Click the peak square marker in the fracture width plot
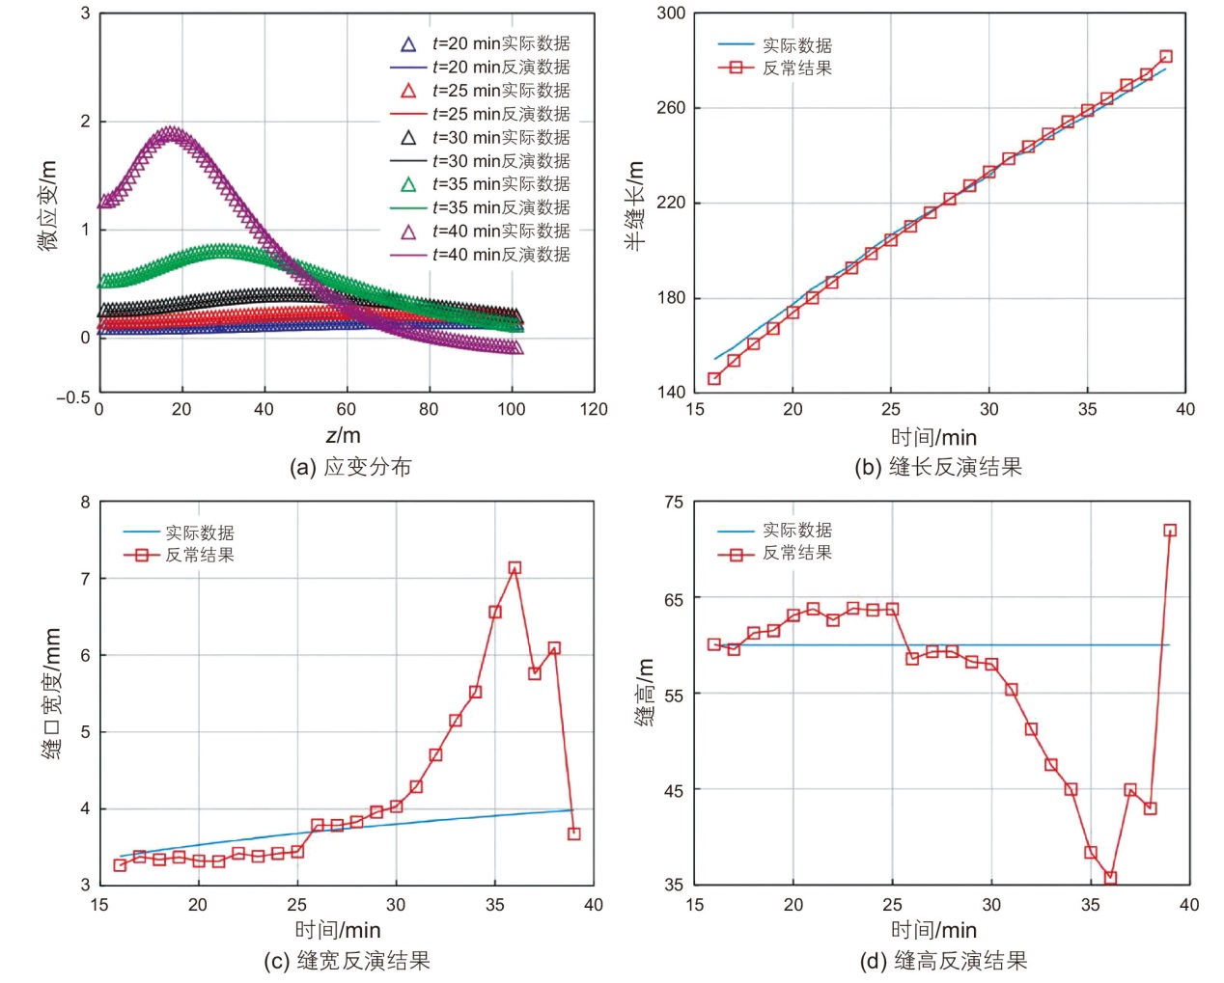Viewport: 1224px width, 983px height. point(515,568)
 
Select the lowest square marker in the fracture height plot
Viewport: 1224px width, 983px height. point(1110,878)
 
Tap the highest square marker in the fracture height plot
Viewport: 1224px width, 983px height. point(1170,530)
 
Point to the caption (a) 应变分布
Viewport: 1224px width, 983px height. point(350,467)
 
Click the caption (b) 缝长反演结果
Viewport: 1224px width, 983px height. point(937,467)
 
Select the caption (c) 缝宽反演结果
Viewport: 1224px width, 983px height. point(347,961)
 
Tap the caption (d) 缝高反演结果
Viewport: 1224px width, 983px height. point(943,961)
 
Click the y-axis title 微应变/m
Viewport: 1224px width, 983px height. point(48,205)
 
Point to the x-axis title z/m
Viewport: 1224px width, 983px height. point(344,435)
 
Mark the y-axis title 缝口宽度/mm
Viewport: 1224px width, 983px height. point(51,693)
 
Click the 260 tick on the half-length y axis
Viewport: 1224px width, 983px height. point(671,108)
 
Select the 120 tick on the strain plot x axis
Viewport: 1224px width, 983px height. point(594,409)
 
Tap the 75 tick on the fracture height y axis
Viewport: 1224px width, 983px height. point(673,502)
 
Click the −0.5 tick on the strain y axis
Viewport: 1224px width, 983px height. point(72,397)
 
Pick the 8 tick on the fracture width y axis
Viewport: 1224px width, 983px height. point(85,502)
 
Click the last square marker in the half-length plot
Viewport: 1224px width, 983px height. point(1166,57)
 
